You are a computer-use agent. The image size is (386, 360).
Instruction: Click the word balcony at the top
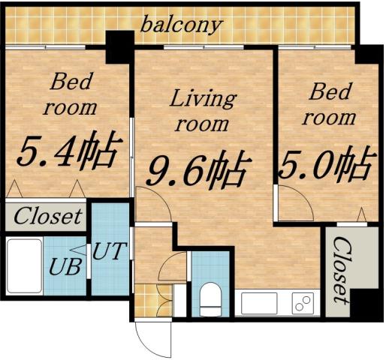point(182,24)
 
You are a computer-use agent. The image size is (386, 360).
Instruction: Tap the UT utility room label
point(110,250)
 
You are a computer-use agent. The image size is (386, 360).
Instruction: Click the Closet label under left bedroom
point(48,217)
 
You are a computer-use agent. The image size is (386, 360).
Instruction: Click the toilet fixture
point(210,298)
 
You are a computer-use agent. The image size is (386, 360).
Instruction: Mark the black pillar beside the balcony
point(119,46)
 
